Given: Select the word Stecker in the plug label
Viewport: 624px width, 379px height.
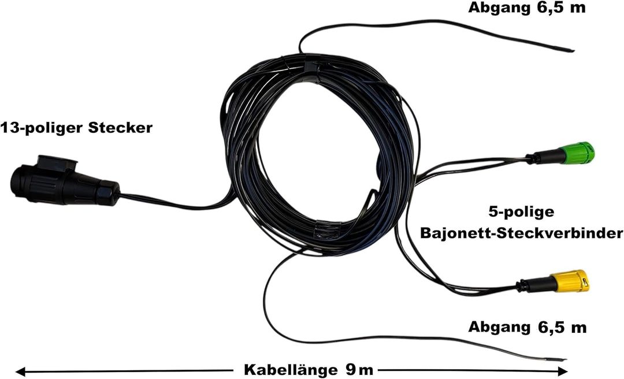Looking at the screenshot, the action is tap(120, 128).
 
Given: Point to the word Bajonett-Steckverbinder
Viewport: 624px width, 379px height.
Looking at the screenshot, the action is tap(522, 233).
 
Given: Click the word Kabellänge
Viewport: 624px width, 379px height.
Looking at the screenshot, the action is tap(291, 369).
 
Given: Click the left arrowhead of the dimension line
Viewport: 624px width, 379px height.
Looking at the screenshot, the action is tap(21, 371).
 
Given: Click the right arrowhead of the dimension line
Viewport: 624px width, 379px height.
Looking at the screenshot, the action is tap(562, 371).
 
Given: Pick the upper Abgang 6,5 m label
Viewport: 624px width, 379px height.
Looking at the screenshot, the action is tap(527, 7).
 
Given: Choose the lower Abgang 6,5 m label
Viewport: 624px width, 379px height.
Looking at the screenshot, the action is tap(528, 327).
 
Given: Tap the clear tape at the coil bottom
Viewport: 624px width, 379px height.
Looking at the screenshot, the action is tap(328, 230).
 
